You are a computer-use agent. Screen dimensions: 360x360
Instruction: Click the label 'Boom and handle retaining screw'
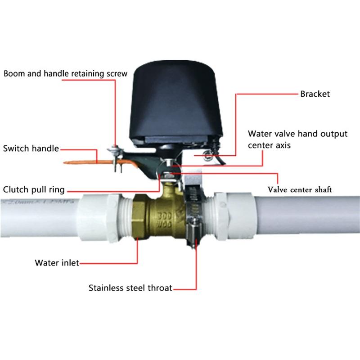[65, 73]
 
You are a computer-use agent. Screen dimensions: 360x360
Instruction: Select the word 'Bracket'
[315, 94]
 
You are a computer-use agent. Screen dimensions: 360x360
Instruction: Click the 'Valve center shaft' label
[300, 189]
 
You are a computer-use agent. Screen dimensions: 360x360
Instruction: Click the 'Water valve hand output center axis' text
[298, 139]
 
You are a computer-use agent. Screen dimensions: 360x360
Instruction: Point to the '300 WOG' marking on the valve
[165, 218]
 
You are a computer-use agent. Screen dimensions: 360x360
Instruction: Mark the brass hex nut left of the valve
[139, 218]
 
